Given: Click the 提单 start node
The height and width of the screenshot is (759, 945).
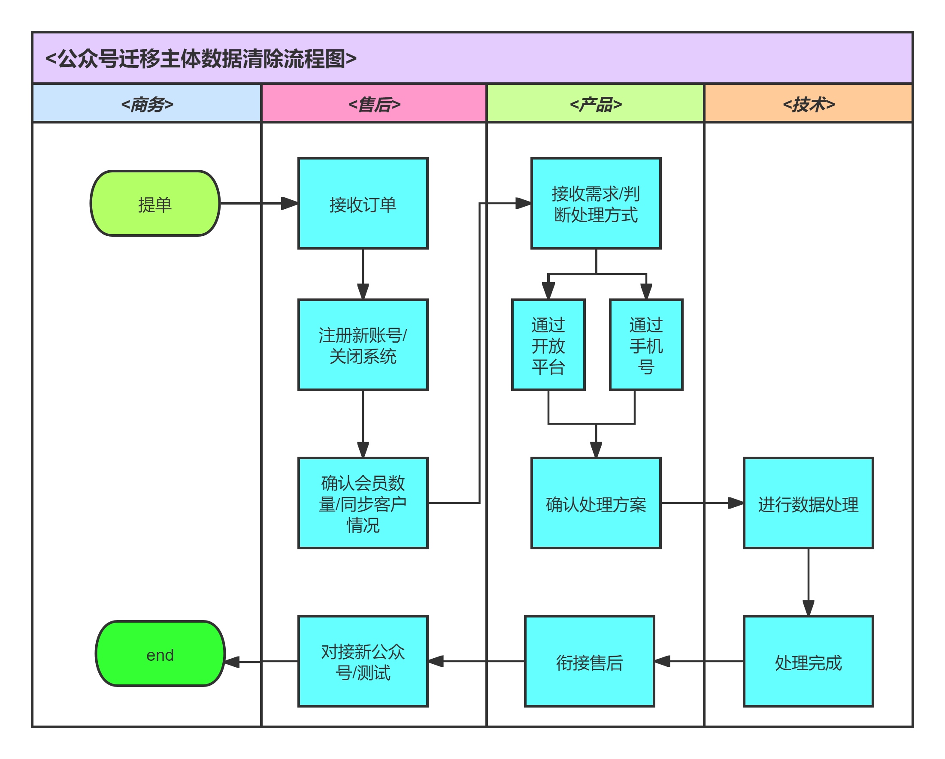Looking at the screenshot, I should pyautogui.click(x=155, y=204).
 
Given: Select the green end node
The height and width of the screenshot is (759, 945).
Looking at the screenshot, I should pyautogui.click(x=160, y=654).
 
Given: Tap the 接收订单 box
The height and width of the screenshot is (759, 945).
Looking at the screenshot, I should pyautogui.click(x=363, y=204).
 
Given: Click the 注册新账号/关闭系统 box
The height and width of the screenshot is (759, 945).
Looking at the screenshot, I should pyautogui.click(x=363, y=345).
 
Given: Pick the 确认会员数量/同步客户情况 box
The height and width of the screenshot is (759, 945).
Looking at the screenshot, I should pyautogui.click(x=363, y=503).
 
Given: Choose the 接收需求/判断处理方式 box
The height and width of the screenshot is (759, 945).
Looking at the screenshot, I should pyautogui.click(x=596, y=204).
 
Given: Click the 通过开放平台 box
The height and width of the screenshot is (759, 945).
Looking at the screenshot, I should pyautogui.click(x=548, y=345).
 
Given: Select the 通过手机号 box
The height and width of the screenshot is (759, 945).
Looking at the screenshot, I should pyautogui.click(x=646, y=345).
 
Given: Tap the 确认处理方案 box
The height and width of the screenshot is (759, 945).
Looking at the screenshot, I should pyautogui.click(x=596, y=503).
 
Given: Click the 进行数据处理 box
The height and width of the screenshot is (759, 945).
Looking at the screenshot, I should pyautogui.click(x=808, y=503).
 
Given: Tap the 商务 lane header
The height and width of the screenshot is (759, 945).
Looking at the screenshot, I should pyautogui.click(x=147, y=104).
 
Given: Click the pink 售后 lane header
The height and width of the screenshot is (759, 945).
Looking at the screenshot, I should pyautogui.click(x=374, y=104).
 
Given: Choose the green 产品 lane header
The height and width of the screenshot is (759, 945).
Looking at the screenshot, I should pyautogui.click(x=595, y=104).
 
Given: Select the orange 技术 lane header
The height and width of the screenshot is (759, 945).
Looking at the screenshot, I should pyautogui.click(x=808, y=104).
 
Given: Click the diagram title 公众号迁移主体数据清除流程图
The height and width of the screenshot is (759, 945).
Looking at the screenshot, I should pyautogui.click(x=201, y=58).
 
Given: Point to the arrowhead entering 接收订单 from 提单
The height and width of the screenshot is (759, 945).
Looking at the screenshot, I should pyautogui.click(x=289, y=204).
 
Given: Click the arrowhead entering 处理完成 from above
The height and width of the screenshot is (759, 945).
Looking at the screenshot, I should pyautogui.click(x=808, y=608).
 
